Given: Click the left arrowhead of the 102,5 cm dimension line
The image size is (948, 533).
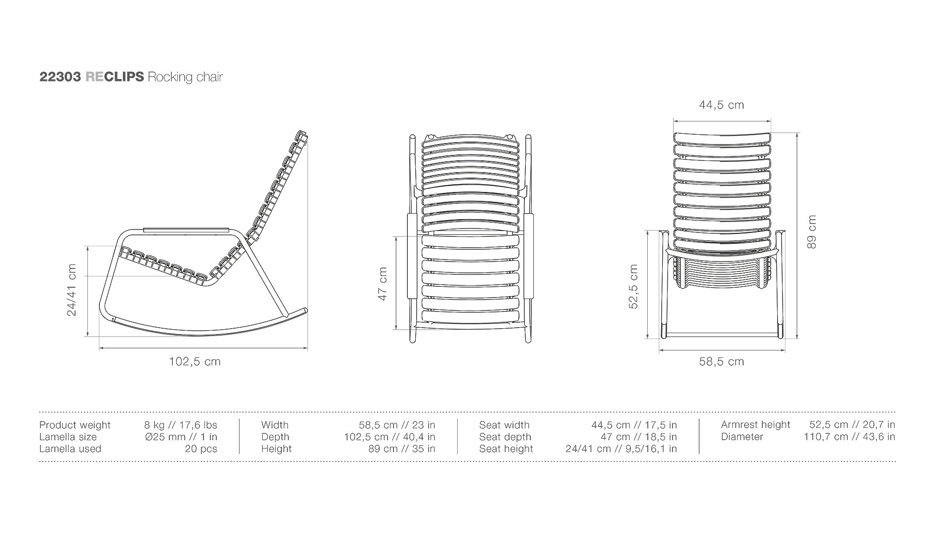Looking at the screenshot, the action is [x=101, y=348].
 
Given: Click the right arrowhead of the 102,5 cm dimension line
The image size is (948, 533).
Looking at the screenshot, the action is [x=306, y=348].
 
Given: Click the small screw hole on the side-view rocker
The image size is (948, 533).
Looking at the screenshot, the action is [x=113, y=319].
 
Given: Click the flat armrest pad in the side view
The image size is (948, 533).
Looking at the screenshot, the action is [x=186, y=229].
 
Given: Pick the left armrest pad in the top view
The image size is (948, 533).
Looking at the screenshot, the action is [x=411, y=256].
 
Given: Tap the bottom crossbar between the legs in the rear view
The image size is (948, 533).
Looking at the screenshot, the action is [x=722, y=336].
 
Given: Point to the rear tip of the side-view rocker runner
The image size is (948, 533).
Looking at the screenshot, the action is [x=305, y=310].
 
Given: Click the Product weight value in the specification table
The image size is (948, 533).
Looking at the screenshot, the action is [x=181, y=425].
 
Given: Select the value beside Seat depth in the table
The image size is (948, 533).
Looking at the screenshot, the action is [x=639, y=437].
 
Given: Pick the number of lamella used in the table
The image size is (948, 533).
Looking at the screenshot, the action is [x=201, y=449].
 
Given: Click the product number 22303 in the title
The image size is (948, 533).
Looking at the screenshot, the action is [x=60, y=77].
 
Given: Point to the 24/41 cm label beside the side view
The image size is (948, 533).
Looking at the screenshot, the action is [x=72, y=290].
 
